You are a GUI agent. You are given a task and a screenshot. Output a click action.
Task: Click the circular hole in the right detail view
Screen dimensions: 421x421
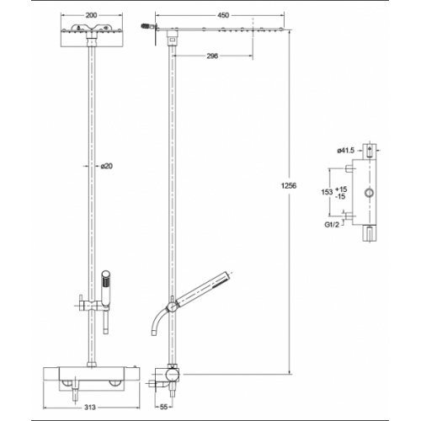(368, 194)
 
